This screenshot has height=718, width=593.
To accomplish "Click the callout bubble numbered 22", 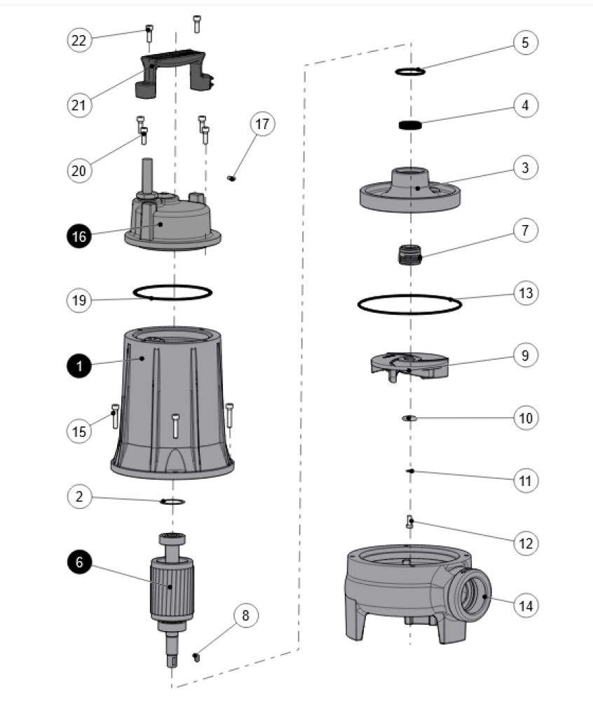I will (79, 40).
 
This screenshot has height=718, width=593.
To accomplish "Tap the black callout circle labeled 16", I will (79, 237).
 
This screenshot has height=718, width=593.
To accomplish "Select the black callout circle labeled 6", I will (79, 562).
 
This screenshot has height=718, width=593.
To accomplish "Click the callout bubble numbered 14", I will (525, 604).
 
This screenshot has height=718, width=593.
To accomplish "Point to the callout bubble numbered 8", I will (245, 616).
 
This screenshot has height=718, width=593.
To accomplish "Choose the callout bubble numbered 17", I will (262, 125).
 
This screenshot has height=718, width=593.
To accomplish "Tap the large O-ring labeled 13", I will (409, 304).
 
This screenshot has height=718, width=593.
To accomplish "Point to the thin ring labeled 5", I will (411, 71).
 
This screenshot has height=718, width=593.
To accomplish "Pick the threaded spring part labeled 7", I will (409, 254).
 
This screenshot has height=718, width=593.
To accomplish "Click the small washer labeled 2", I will (172, 501).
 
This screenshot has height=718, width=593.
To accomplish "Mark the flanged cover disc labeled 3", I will (411, 189).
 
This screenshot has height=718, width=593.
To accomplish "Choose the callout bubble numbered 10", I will (525, 418).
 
